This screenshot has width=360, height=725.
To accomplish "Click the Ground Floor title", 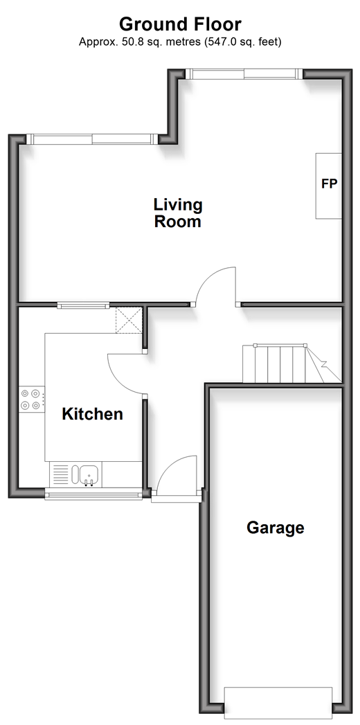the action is click(x=180, y=24).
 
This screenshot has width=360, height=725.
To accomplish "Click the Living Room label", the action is click(x=178, y=213).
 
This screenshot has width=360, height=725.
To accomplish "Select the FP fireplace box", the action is click(x=329, y=186).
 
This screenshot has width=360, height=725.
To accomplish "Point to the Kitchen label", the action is click(x=93, y=414).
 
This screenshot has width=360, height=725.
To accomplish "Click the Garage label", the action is click(x=276, y=528).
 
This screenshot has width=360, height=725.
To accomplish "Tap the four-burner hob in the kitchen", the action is click(x=31, y=400).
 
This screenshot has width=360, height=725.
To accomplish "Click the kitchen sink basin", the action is click(x=88, y=474).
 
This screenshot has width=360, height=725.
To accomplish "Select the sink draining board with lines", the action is click(x=60, y=474).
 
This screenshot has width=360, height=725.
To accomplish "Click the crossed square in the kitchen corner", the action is click(x=129, y=320).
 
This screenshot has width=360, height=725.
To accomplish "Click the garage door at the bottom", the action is click(x=278, y=703).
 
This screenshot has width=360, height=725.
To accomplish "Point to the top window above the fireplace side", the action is click(x=244, y=74).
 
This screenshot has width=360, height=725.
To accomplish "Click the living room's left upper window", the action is click(x=92, y=138).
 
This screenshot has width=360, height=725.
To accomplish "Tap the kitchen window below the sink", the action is click(x=94, y=494).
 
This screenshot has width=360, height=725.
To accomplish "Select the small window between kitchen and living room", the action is click(x=83, y=305).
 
